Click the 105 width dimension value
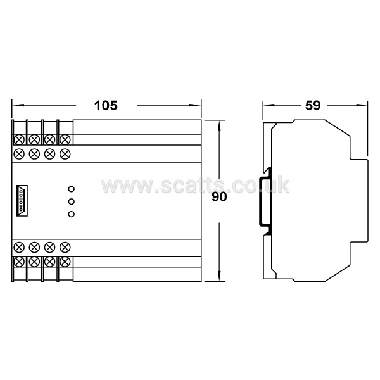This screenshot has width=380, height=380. tap(106, 105)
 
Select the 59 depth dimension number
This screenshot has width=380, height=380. tap(313, 105)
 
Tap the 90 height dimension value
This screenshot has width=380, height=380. tap(219, 197)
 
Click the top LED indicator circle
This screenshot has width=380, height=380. tap(71, 189)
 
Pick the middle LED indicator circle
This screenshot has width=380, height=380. tap(71, 201)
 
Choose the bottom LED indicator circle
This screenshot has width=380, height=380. tap(71, 214)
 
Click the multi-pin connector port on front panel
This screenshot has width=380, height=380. tap(22, 201)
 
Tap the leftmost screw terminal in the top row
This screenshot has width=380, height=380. tap(19, 139)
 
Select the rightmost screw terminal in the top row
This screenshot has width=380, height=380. tap(65, 139)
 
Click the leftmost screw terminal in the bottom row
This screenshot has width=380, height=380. tap(19, 262)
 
